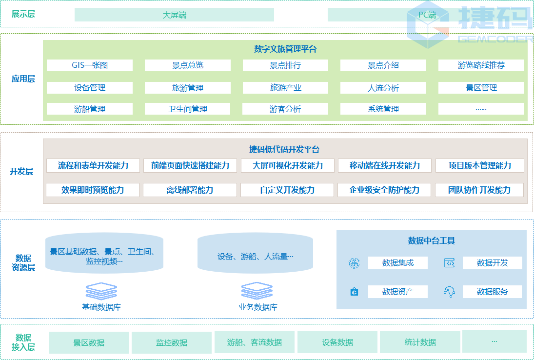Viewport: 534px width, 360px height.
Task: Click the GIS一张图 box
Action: pos(90,65)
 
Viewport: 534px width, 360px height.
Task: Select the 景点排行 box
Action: pos(285,65)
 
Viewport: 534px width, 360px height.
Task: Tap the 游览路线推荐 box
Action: pos(481,65)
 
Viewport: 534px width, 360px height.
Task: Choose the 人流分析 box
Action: pos(383,88)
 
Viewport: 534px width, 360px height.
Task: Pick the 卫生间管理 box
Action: pos(188,109)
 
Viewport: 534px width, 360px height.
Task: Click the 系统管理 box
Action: pos(383,109)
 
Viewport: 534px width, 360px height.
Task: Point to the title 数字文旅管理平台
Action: pos(285,49)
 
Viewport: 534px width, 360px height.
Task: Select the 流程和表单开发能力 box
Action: pos(93,165)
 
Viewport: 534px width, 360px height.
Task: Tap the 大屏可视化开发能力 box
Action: pos(288,165)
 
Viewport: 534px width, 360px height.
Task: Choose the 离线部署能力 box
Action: pos(190,190)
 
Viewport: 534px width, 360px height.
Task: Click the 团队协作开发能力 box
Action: pos(479,190)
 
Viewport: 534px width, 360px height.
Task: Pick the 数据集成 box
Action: pos(397,263)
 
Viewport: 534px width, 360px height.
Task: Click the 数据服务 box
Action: pos(492,292)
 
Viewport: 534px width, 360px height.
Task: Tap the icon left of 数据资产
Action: pos(354,292)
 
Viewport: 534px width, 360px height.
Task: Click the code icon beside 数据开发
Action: pos(449,263)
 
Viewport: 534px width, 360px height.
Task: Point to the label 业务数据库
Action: pos(257,307)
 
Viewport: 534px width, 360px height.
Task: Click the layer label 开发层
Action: pos(21,171)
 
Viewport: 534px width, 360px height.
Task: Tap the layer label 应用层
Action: pos(23,79)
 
